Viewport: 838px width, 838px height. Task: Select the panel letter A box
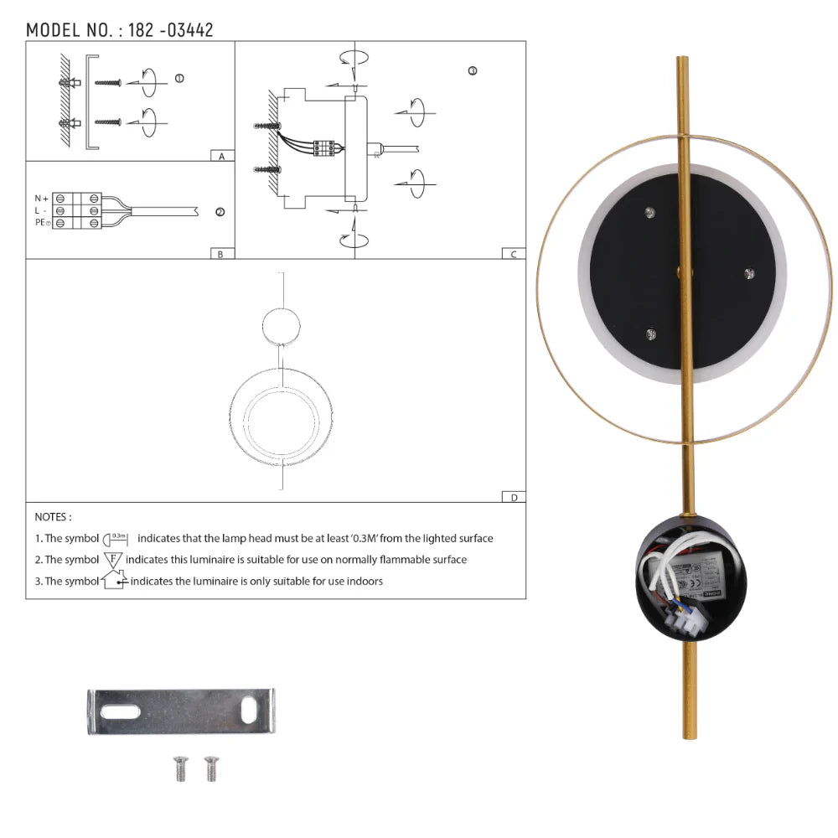pos(221,156)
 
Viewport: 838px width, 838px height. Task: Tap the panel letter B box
pos(221,254)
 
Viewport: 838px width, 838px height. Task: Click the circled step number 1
pos(178,78)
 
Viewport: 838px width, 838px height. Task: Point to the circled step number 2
pos(220,212)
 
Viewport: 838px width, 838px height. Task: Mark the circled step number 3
pos(473,71)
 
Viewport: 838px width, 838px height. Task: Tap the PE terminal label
pos(42,222)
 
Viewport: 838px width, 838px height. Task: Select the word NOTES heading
pos(53,518)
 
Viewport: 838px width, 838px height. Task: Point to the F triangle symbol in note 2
pos(113,559)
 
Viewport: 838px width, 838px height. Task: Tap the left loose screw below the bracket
pos(181,768)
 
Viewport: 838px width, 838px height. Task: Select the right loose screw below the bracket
pos(209,768)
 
